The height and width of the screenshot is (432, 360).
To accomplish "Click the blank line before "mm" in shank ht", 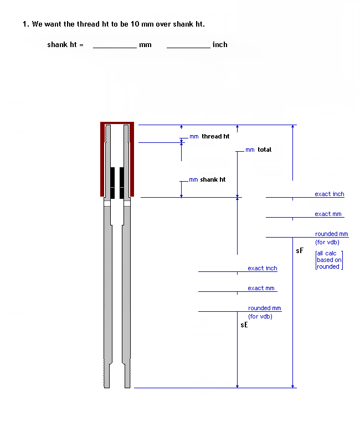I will click(115, 47).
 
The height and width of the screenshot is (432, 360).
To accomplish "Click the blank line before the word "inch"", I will click(188, 47).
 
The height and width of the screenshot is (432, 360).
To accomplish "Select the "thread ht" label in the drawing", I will click(215, 136).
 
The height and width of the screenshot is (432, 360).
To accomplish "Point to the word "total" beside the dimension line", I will click(264, 150).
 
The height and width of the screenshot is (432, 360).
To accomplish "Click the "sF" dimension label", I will click(300, 250).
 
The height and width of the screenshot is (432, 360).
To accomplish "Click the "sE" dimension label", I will click(244, 325).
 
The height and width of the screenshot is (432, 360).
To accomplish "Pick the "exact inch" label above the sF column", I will click(330, 194).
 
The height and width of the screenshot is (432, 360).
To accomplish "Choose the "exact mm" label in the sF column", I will click(328, 214).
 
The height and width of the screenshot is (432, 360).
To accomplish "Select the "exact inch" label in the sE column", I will click(263, 268).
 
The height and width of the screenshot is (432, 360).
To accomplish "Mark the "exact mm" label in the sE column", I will click(261, 288).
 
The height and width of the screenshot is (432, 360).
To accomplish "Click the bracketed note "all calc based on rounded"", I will click(328, 260).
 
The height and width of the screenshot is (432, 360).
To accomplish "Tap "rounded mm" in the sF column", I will click(332, 234).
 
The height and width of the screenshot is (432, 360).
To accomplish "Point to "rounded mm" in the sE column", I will click(265, 308).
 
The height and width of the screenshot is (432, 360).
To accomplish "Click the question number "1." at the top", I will click(25, 24).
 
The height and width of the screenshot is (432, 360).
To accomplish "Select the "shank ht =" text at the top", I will click(65, 45).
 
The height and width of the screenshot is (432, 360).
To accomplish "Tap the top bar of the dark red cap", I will click(117, 123).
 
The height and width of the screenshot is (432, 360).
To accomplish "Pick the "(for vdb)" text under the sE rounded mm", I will click(260, 316).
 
